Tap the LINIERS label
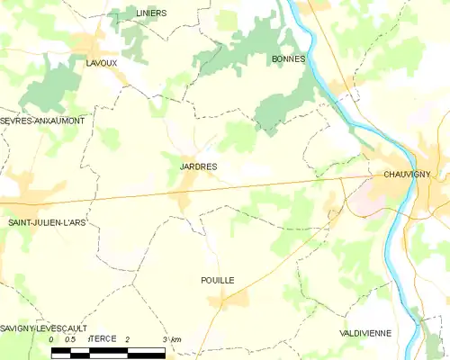(151, 13)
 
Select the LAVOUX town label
(101, 62)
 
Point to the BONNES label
(289, 58)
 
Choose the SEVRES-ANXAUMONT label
(43, 120)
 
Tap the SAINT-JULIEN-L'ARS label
(47, 221)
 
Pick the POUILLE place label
(218, 281)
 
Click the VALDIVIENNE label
(364, 333)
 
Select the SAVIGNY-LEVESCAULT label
(42, 329)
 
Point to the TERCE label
(104, 337)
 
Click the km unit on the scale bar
(175, 338)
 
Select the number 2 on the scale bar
(128, 338)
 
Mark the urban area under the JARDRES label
(188, 187)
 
